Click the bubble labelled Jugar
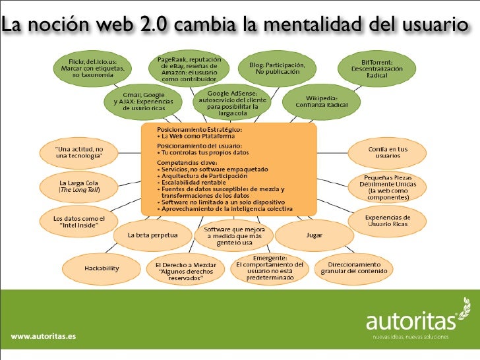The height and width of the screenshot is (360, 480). click(x=314, y=235)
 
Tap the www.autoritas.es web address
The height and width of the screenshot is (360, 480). click(x=44, y=337)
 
